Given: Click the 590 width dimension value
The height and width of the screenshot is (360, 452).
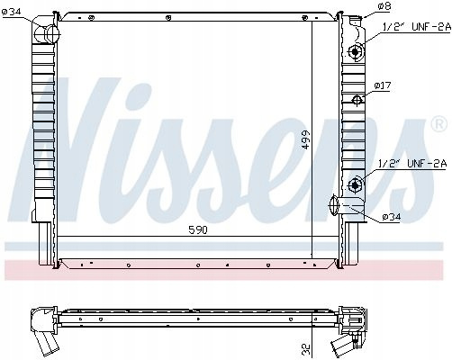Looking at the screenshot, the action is [198, 229].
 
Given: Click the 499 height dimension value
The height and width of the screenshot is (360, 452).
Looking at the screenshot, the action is [306, 139].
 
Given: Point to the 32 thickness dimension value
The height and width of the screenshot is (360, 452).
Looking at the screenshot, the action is [306, 348].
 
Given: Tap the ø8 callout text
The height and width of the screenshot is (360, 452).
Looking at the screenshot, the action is [384, 6].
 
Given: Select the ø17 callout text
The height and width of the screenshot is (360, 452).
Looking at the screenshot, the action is [383, 85].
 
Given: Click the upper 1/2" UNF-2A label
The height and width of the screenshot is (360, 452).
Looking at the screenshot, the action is [417, 27].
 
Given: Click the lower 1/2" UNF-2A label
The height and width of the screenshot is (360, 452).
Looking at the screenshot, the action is [413, 164].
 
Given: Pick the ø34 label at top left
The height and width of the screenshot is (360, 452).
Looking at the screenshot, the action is [11, 12].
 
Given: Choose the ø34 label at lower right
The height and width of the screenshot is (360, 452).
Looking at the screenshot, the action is [392, 217].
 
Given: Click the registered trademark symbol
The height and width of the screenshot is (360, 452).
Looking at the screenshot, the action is [438, 124].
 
